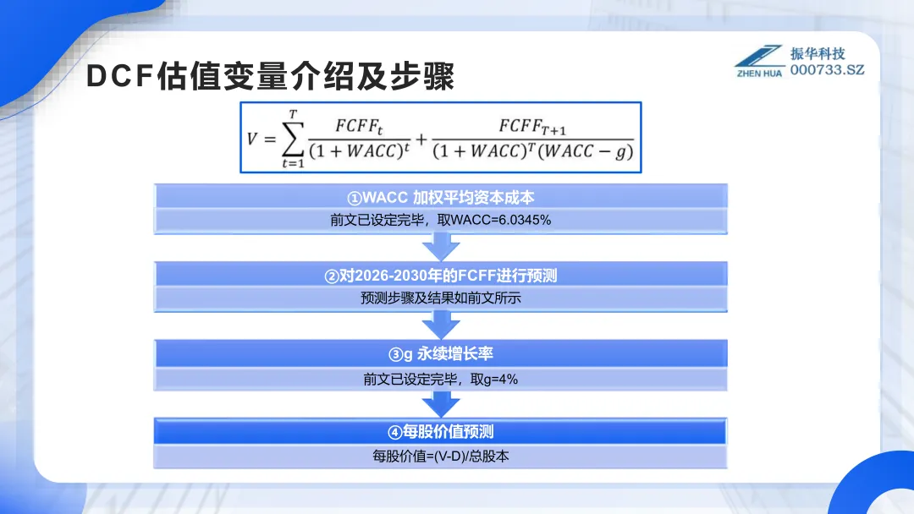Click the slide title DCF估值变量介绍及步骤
271,76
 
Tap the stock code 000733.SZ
828,69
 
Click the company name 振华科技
818,52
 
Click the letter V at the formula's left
251,138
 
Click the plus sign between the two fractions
421,138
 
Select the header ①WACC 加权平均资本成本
441,198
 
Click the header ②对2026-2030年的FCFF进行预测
441,276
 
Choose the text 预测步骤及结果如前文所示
441,298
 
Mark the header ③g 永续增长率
441,355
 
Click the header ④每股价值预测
441,432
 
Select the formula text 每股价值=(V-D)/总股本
441,456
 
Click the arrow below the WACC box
441,248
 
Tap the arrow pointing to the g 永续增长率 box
441,325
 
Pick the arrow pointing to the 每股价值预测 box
441,403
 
